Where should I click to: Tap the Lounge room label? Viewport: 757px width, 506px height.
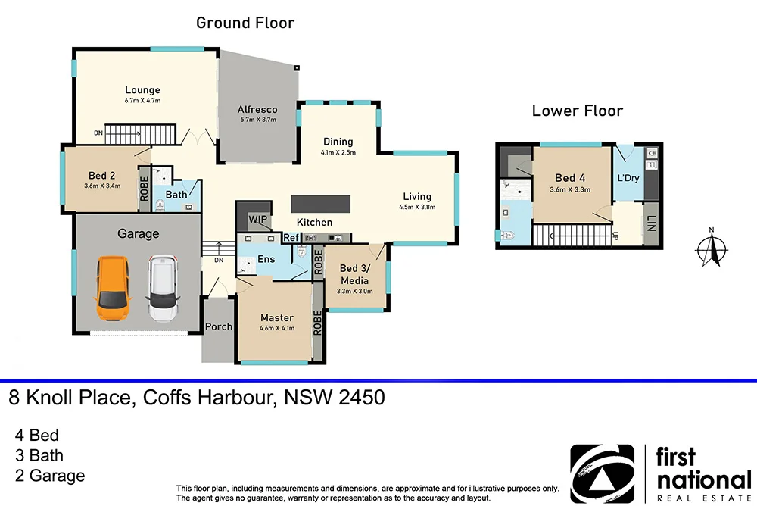(142, 90)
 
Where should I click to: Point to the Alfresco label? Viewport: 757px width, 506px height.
(257, 109)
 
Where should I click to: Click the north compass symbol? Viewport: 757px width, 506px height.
(711, 249)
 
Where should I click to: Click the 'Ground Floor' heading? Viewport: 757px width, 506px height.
(245, 23)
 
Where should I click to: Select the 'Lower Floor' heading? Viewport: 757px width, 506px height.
(577, 111)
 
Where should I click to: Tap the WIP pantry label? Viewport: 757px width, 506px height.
(259, 219)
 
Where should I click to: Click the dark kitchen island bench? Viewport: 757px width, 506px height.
(322, 205)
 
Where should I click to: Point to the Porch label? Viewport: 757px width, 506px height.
(219, 326)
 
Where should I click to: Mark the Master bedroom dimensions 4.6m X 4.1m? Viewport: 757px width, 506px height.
(276, 328)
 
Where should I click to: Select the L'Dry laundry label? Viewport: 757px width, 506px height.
(628, 179)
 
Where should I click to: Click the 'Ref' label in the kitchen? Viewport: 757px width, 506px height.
(291, 238)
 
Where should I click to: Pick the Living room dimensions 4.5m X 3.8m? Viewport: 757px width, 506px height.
(418, 207)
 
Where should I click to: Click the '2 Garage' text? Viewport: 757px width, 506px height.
(50, 476)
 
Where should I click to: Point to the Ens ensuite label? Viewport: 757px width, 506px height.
(266, 259)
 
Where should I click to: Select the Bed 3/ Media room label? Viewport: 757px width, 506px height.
(354, 273)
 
